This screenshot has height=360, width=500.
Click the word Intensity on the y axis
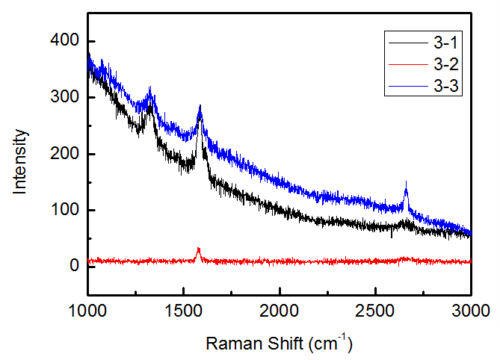click(21, 161)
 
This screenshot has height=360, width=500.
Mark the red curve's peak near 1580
click(198, 249)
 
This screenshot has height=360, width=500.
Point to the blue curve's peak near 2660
click(406, 184)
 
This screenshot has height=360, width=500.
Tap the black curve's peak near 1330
click(151, 105)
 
